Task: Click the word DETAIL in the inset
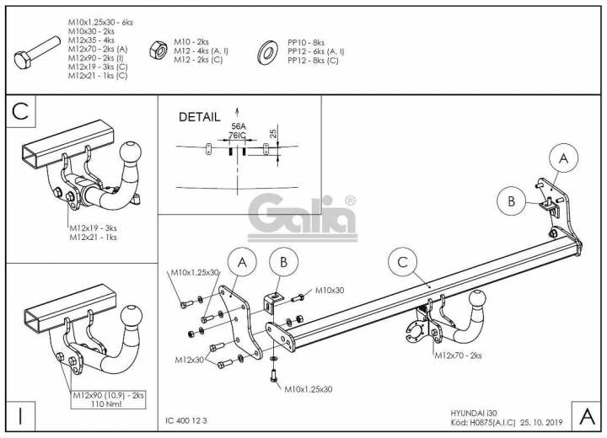(x=199, y=117)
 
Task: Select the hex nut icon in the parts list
(x=158, y=51)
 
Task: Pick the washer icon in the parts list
(x=267, y=51)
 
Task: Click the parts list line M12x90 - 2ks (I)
(x=96, y=58)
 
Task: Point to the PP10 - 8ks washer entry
(x=306, y=43)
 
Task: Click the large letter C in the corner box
(x=20, y=111)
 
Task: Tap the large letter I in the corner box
(x=20, y=416)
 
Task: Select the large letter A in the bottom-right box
(x=588, y=416)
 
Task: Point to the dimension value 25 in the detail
(x=273, y=133)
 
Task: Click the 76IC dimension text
(x=237, y=135)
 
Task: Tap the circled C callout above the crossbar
(x=402, y=262)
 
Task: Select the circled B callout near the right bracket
(x=512, y=201)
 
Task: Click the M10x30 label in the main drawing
(x=330, y=291)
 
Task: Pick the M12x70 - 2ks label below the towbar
(x=458, y=355)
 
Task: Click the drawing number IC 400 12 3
(x=186, y=420)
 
